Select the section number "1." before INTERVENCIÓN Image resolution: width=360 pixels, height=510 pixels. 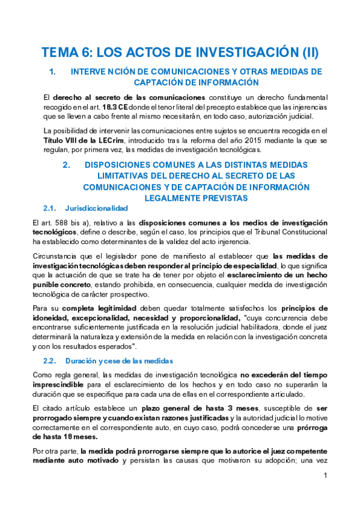(52, 72)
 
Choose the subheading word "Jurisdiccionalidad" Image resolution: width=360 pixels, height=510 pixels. (96, 208)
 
